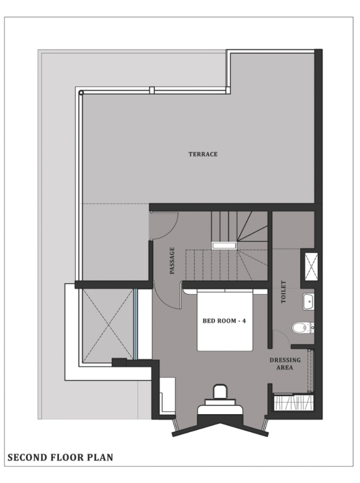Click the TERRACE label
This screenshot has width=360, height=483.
point(203,154)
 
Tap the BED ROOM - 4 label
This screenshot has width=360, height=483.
point(224,321)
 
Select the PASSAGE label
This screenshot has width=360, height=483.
point(172,260)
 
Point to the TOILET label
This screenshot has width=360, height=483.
point(284,291)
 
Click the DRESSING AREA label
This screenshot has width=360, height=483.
point(285,364)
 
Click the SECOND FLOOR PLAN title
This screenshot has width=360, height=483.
point(60,458)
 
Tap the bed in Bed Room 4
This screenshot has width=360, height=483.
point(225,320)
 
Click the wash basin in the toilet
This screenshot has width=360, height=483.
point(308,301)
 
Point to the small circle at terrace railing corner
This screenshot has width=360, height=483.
point(81,92)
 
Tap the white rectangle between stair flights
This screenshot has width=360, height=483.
point(224,245)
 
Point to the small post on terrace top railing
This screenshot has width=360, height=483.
point(151,90)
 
